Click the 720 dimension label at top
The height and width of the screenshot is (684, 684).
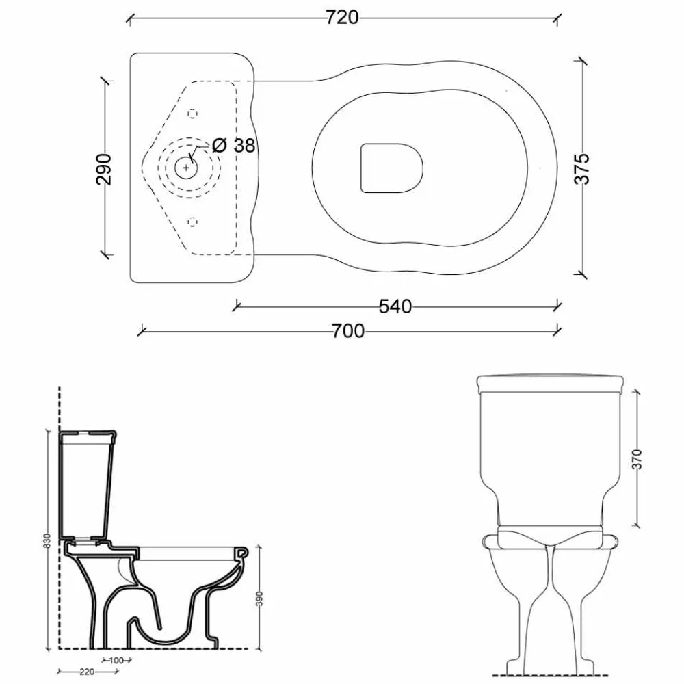point(343,18)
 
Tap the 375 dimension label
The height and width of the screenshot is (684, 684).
point(581,168)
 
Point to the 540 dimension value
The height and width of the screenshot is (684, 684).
point(395,307)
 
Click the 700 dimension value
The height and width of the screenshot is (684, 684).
point(348,332)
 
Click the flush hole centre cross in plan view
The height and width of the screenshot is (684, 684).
point(186,166)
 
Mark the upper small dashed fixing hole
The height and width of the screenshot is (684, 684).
point(192,113)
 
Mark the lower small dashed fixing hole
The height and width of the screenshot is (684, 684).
point(192,220)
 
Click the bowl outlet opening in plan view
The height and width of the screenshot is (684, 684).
point(391,167)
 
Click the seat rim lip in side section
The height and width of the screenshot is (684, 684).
point(241,553)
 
